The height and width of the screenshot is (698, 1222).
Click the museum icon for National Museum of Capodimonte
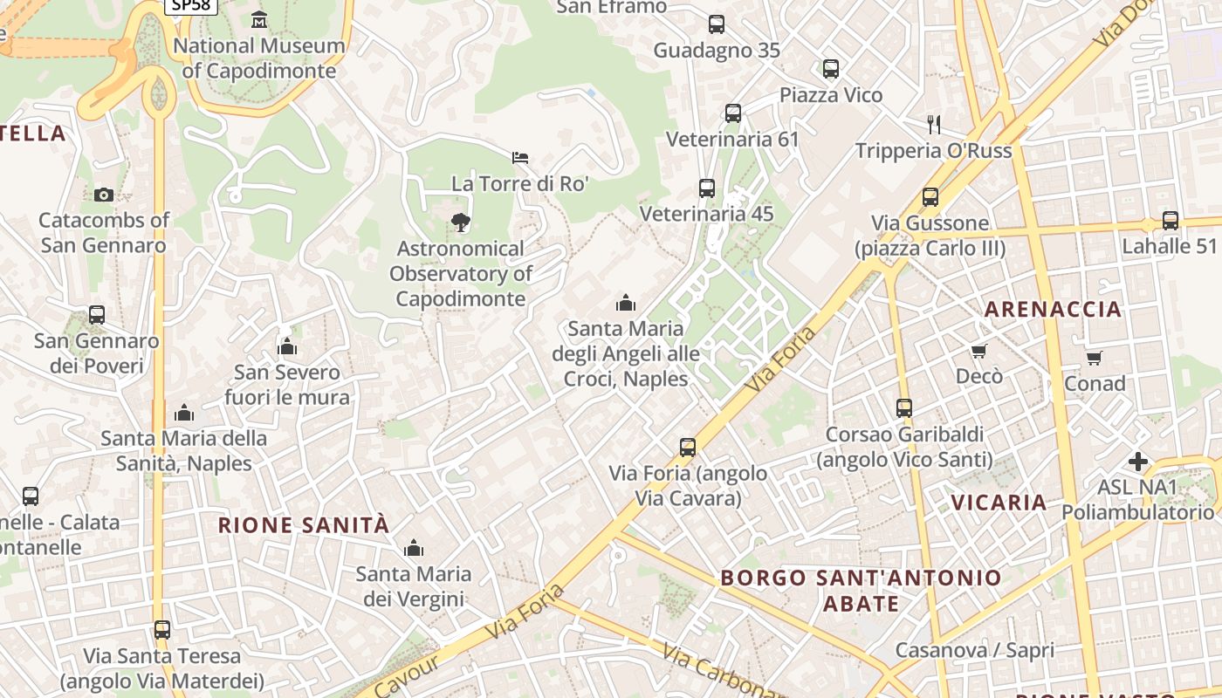(259, 19)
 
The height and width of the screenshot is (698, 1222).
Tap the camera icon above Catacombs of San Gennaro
(104, 195)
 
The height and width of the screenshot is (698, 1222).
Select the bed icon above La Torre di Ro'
(520, 158)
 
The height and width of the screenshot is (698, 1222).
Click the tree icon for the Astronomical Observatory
(460, 222)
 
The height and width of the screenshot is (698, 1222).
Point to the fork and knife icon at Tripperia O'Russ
(934, 124)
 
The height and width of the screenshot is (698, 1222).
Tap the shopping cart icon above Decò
(979, 351)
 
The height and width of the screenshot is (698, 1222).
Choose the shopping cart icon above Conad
(1095, 358)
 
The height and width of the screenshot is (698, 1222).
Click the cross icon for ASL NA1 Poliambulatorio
(1138, 461)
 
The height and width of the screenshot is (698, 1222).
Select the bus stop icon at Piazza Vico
(831, 68)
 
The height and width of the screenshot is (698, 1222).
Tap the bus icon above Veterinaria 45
(707, 188)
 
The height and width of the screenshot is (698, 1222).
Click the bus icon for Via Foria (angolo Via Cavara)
(688, 448)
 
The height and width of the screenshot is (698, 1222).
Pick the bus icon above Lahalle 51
(1170, 221)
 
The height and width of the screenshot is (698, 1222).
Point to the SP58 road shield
(190, 6)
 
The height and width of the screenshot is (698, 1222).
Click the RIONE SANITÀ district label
(304, 525)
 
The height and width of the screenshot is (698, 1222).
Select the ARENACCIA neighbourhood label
(1053, 309)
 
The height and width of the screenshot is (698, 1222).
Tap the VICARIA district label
(999, 503)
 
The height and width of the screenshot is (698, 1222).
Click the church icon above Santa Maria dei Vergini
(414, 548)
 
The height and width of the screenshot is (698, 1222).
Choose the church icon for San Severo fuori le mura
(287, 347)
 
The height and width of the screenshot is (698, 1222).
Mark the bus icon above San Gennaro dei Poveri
(97, 315)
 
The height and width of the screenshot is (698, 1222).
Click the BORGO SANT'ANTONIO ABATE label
(862, 590)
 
